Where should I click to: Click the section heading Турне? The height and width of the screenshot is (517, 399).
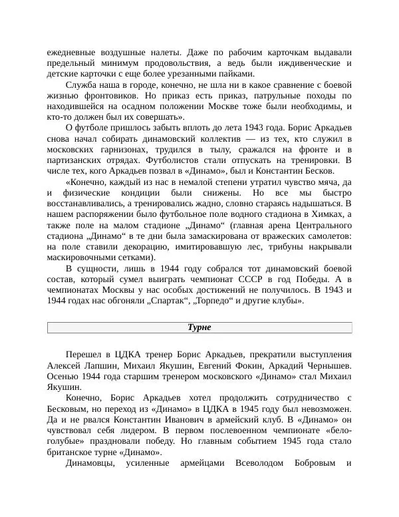[x=199, y=327]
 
